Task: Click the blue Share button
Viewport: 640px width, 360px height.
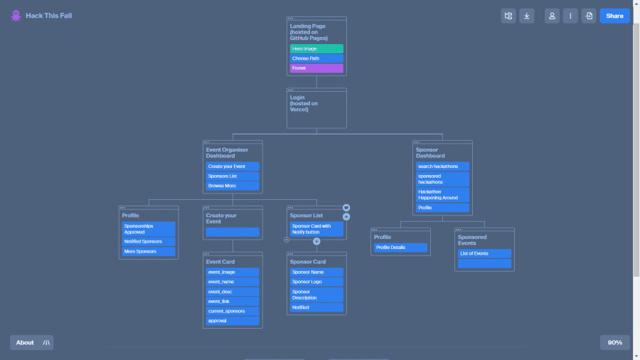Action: click(614, 16)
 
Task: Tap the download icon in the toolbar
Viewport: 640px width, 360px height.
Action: click(526, 16)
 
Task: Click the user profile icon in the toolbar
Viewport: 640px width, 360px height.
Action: click(552, 16)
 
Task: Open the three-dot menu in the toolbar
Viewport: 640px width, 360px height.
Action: click(570, 16)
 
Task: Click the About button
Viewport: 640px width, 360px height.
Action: click(25, 342)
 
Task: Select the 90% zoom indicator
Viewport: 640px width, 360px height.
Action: click(614, 342)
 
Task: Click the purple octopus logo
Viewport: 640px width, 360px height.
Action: click(16, 16)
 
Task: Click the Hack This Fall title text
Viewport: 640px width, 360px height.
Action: click(48, 16)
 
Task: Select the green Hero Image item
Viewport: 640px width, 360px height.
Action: click(316, 48)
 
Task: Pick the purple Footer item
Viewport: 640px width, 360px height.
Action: click(316, 68)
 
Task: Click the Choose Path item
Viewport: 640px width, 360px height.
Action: click(316, 58)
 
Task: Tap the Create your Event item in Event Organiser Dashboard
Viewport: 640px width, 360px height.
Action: click(233, 166)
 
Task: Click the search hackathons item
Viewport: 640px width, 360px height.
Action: click(442, 166)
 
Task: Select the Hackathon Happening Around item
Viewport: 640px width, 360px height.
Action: click(442, 195)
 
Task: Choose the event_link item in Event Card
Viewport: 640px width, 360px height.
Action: click(233, 302)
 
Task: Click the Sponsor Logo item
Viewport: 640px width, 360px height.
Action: click(316, 282)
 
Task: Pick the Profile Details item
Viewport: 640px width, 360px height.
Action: click(400, 248)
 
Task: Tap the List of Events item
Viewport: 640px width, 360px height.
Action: click(484, 253)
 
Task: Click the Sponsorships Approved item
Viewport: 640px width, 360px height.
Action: click(149, 228)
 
